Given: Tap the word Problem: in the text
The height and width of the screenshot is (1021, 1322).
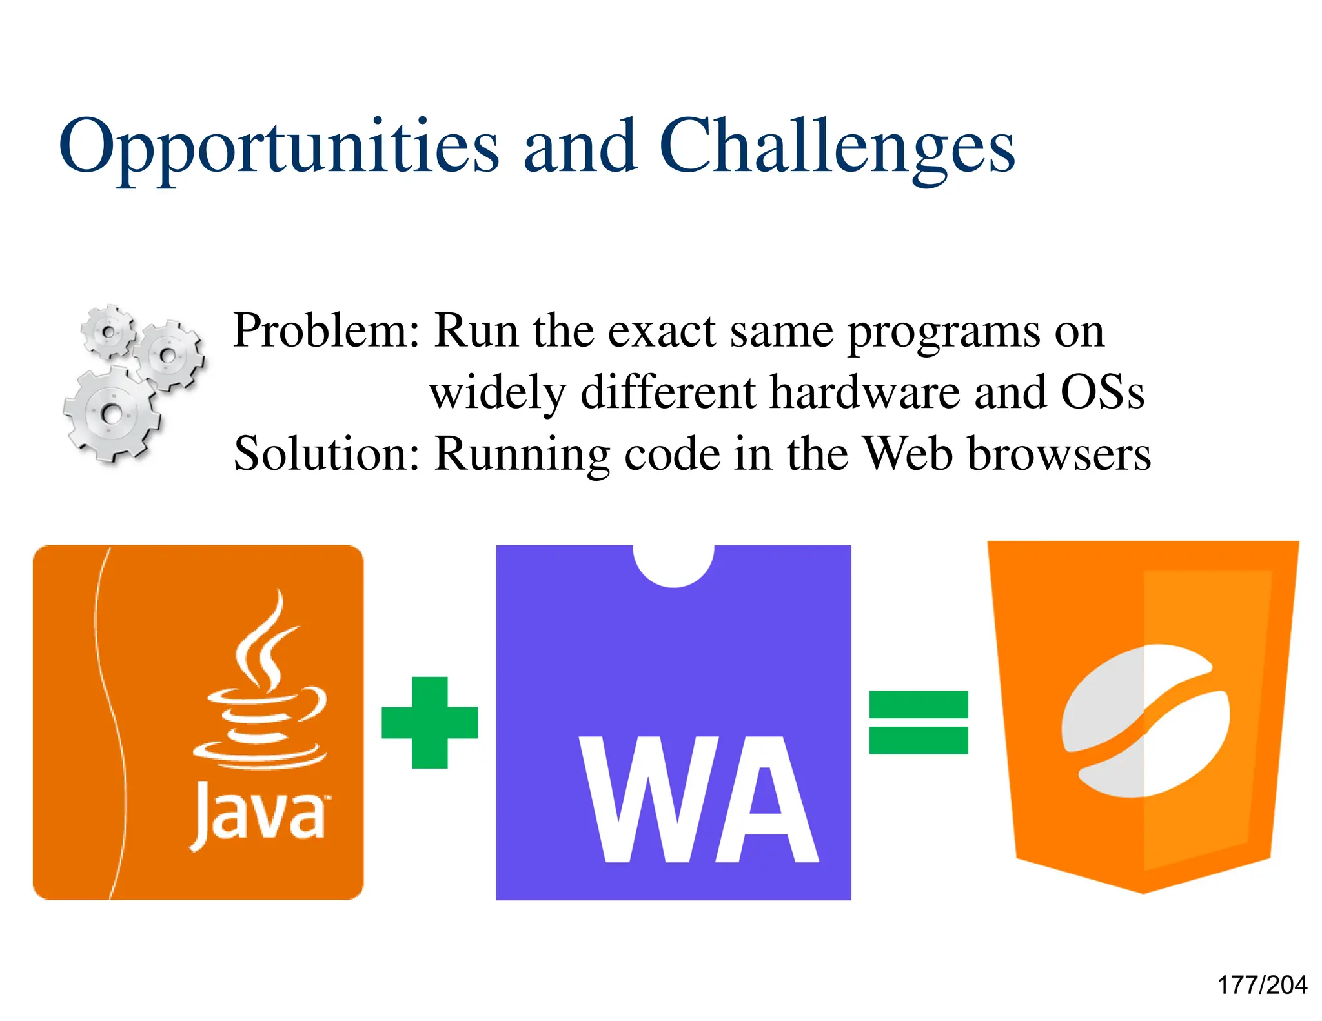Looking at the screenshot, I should [x=326, y=331].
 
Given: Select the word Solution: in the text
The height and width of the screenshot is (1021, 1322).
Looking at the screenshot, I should [x=327, y=454].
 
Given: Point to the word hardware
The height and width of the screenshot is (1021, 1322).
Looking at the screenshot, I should [x=865, y=392].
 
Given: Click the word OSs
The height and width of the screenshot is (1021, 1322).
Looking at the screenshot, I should [x=1102, y=392].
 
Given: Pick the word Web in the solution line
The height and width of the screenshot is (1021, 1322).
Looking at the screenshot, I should [x=907, y=454].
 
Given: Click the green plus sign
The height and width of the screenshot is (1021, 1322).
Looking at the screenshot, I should [x=430, y=722].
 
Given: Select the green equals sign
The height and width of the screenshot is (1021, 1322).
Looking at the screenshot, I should [x=918, y=722].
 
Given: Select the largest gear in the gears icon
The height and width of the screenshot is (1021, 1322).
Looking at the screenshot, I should [x=111, y=413].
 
